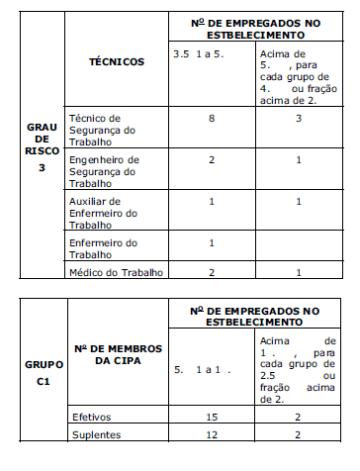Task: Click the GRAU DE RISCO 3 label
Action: click(35, 145)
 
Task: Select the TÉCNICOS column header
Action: click(117, 61)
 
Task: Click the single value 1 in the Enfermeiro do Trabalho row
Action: click(211, 242)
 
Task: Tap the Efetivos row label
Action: click(90, 417)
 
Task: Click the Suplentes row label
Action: click(94, 435)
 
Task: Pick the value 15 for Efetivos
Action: click(211, 417)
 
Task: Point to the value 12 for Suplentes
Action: click(211, 435)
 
